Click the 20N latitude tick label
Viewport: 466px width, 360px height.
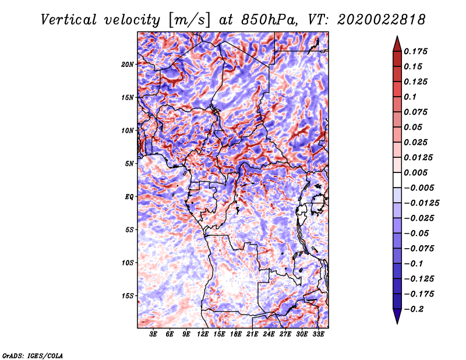128,65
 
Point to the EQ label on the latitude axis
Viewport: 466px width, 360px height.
129,197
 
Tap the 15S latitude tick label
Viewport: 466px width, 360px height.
128,296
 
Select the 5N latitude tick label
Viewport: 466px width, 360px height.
129,164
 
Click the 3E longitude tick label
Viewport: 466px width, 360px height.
153,334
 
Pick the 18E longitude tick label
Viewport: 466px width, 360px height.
236,334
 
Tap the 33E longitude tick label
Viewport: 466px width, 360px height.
318,334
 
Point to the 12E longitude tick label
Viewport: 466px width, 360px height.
203,334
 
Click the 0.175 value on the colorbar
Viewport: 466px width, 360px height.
416,51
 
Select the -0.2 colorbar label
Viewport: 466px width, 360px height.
414,309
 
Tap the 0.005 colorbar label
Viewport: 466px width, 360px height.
416,172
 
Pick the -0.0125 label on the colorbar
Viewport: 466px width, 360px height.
421,203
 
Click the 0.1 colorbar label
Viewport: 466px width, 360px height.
411,97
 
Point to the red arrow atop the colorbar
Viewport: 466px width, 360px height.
397,44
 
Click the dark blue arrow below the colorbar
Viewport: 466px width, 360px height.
397,316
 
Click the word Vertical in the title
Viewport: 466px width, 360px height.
69,20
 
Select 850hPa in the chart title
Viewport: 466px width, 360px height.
269,20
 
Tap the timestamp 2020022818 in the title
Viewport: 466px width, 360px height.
382,20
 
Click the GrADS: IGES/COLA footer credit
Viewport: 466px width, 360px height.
33,355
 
